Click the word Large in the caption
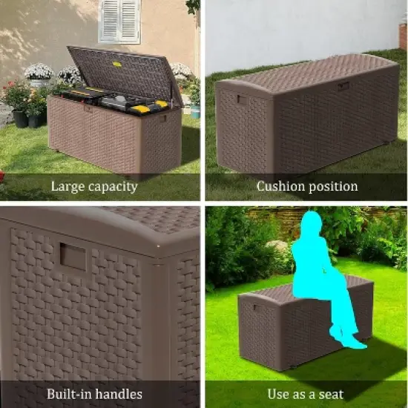[68, 187]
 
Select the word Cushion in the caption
[281, 186]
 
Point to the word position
[333, 186]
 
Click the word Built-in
[70, 394]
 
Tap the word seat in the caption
[330, 394]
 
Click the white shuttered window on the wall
[119, 22]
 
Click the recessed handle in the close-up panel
[73, 257]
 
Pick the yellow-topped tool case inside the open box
[141, 108]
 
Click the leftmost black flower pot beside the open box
[20, 119]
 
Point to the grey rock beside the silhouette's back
[277, 246]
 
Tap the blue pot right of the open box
[195, 111]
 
